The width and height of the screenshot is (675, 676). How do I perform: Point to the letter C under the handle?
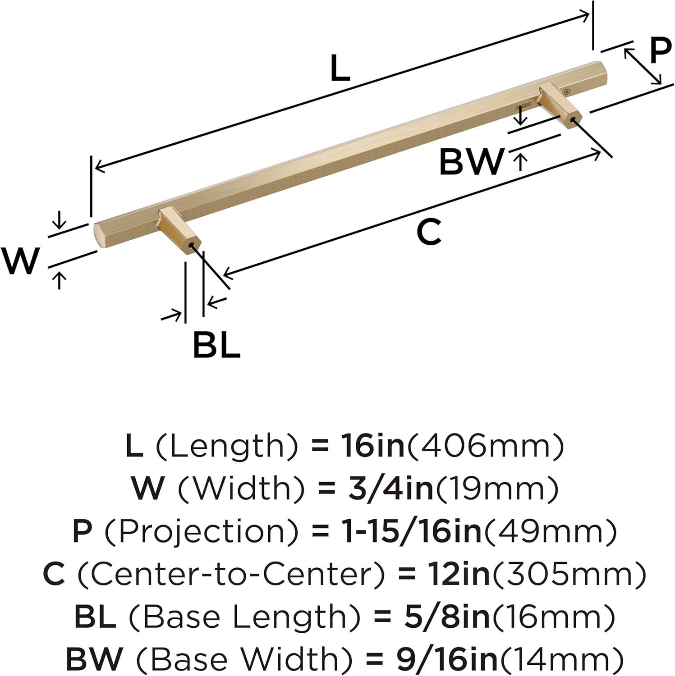pos(428,232)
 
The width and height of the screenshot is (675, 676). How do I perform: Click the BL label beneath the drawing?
pos(216,345)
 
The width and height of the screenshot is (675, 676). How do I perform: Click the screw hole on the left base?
pos(195,246)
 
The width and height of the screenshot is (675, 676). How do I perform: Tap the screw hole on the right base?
pos(573,120)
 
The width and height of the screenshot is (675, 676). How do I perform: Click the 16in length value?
pos(372,446)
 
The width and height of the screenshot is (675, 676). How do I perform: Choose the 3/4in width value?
pos(390,489)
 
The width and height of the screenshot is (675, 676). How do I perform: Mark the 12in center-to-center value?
pos(458,574)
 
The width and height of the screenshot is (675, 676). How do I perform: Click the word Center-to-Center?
pos(232,574)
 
